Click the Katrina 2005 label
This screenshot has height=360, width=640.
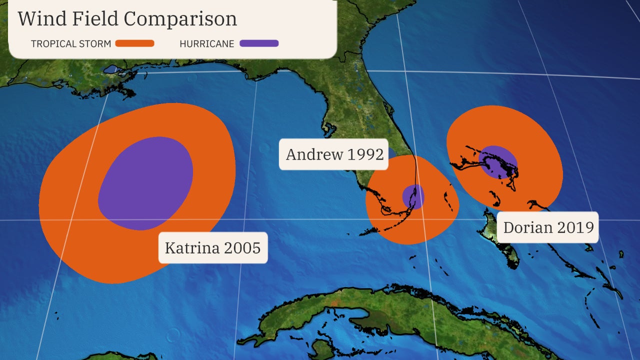(213, 247)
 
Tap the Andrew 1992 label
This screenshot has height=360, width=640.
(334, 154)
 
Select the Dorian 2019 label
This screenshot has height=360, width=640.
(548, 227)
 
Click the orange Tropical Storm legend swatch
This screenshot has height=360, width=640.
(134, 43)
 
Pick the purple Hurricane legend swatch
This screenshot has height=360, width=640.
(259, 43)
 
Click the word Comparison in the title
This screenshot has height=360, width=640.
(180, 19)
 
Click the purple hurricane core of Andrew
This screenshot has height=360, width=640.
(413, 196)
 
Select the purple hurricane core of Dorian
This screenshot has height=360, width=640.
(497, 162)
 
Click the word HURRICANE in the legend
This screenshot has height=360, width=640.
(206, 44)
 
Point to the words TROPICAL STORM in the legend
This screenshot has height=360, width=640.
(71, 44)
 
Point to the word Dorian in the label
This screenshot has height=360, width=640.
(523, 227)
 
